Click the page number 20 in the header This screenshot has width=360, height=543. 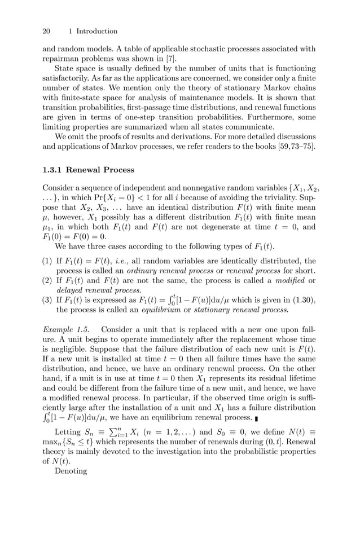47,31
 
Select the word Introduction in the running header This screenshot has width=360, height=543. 96,31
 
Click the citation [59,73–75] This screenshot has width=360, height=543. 286,148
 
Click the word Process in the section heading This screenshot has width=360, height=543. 118,170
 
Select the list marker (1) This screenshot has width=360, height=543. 48,261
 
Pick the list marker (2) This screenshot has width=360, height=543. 48,280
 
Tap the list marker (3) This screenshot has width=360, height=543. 48,300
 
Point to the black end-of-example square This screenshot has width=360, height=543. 257,418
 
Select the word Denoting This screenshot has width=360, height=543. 71,471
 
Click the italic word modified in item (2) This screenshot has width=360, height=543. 290,280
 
